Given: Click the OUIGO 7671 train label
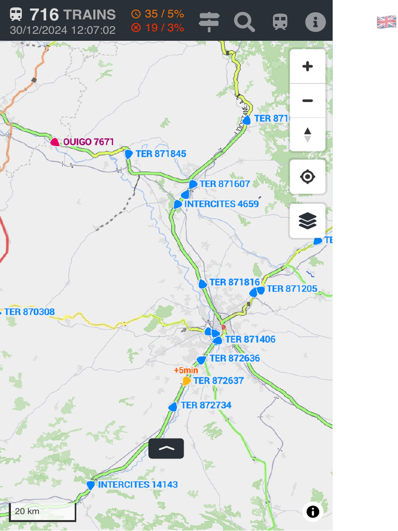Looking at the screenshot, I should (x=89, y=142).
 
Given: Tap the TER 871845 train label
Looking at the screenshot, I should (x=161, y=154).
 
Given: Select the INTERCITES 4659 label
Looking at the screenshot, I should (x=221, y=204).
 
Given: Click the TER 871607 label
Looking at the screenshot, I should (x=224, y=184).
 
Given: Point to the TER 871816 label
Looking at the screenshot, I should (x=234, y=283).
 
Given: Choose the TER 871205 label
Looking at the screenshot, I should (x=292, y=289).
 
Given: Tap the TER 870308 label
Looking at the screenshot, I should (x=30, y=312).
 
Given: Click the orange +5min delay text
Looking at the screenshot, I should (x=186, y=370).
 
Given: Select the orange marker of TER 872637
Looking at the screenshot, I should (x=187, y=381).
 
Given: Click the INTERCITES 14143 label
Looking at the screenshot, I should (x=138, y=485).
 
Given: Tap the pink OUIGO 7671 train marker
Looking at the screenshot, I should (x=55, y=142).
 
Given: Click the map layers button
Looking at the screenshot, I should (x=307, y=221).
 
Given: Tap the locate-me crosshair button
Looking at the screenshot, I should (x=307, y=177).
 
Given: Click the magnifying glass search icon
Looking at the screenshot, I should (x=244, y=22).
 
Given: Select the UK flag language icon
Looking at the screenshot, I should (x=386, y=22).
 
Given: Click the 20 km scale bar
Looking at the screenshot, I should (x=42, y=512).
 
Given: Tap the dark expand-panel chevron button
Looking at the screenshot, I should (x=166, y=449).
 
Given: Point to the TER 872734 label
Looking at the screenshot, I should (x=206, y=406).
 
